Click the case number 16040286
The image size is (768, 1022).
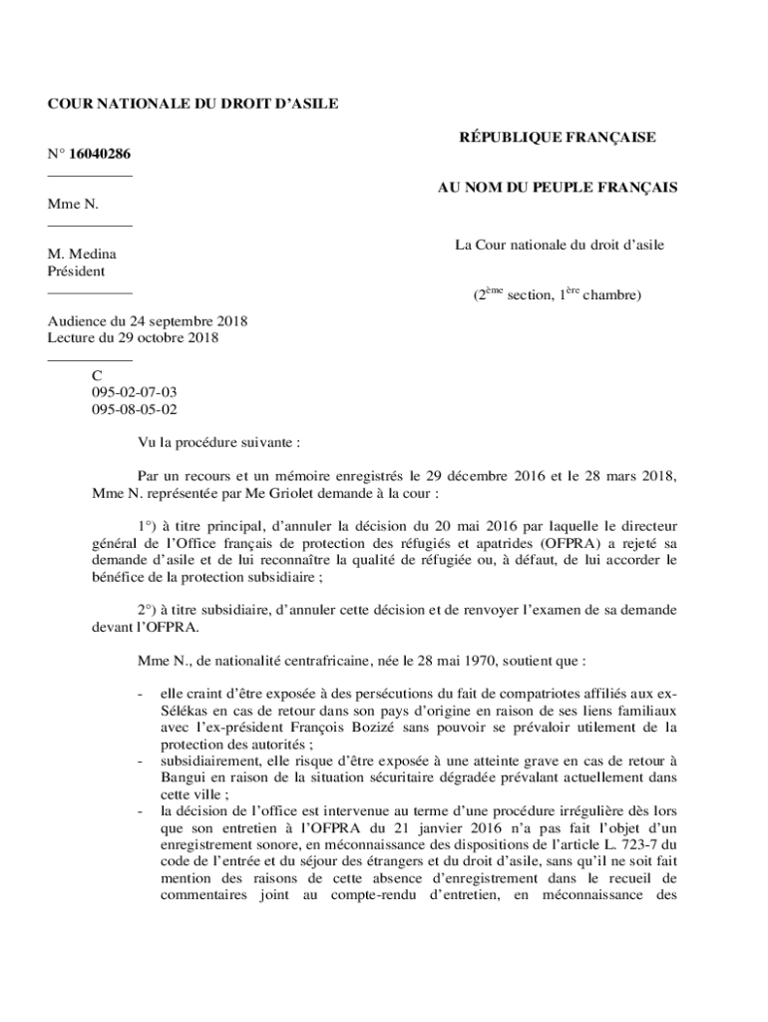pyautogui.click(x=100, y=154)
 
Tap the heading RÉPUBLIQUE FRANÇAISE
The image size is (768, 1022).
pyautogui.click(x=557, y=138)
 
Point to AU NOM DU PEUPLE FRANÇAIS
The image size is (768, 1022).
pyautogui.click(x=558, y=187)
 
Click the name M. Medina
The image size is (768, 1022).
pyautogui.click(x=82, y=255)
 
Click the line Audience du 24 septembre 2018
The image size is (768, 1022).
pyautogui.click(x=148, y=321)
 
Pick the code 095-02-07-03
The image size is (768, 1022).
pyautogui.click(x=135, y=392)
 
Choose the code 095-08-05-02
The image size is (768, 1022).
pyautogui.click(x=135, y=408)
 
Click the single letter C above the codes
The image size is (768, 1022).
pyautogui.click(x=97, y=376)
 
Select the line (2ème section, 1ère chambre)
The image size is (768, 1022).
pyautogui.click(x=558, y=295)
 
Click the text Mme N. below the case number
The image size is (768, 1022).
pyautogui.click(x=73, y=204)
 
